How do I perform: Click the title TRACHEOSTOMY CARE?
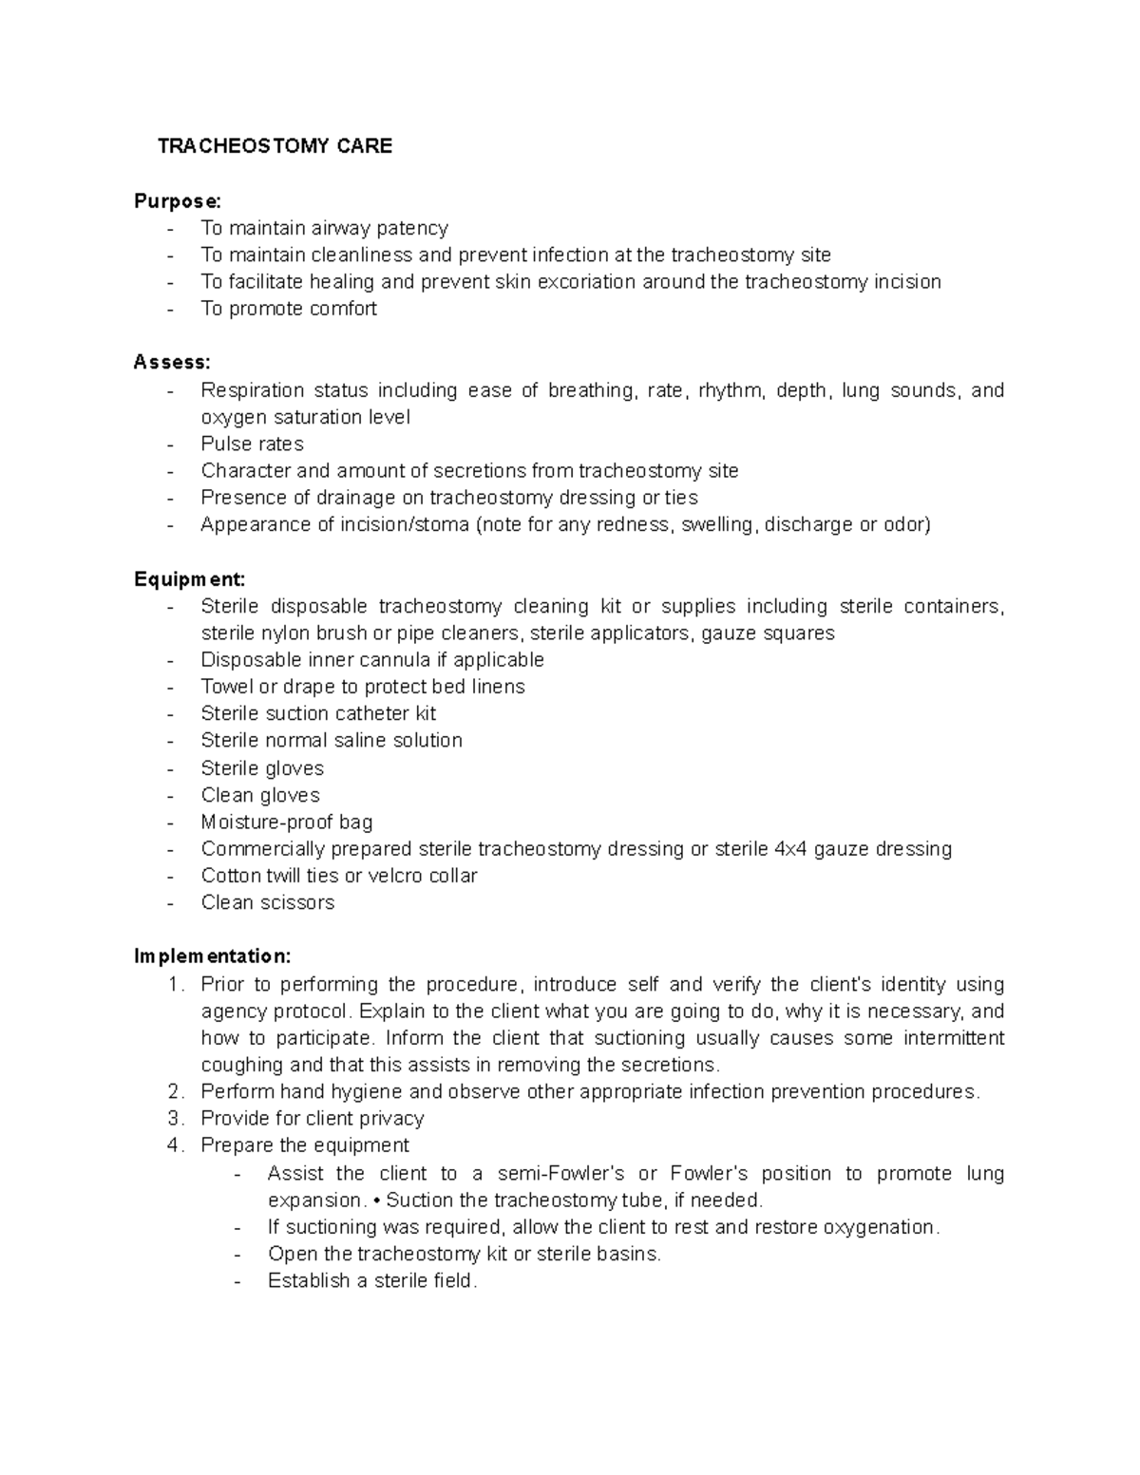[x=275, y=146]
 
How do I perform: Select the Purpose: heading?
[x=178, y=201]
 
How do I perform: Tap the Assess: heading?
[x=172, y=363]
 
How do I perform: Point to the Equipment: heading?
[x=190, y=579]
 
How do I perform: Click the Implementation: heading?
[x=213, y=955]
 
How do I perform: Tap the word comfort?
[x=341, y=309]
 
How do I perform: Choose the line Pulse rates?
[x=252, y=444]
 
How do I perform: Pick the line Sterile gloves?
[x=262, y=768]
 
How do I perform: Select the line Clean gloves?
[x=260, y=795]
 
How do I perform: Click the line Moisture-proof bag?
[x=287, y=823]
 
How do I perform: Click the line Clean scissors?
[x=268, y=903]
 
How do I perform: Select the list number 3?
[x=173, y=1119]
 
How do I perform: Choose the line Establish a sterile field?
[x=372, y=1281]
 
